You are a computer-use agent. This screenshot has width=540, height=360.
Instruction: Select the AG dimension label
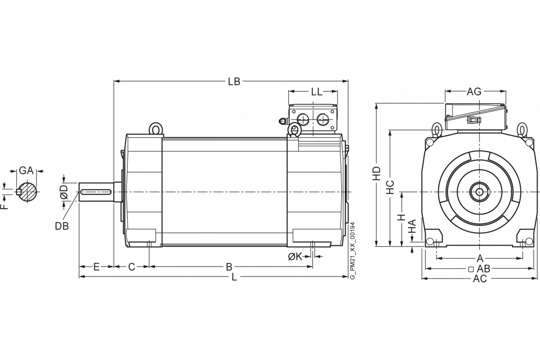(x=474, y=92)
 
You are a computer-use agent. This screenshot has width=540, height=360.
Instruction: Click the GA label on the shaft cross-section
(x=27, y=171)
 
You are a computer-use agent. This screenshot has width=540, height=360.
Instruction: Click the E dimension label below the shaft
(x=96, y=267)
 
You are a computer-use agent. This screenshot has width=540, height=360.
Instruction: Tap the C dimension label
(x=131, y=267)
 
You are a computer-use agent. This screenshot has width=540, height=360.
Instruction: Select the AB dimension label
(x=483, y=269)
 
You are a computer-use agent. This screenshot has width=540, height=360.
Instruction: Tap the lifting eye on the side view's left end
(x=155, y=129)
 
